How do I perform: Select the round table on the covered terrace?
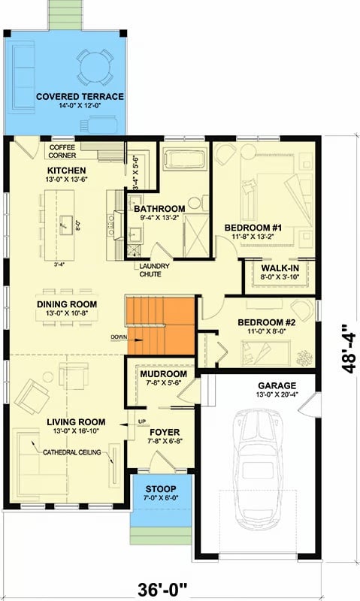pyautogui.click(x=96, y=64)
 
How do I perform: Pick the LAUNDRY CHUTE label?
pyautogui.click(x=153, y=270)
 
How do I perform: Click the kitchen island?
pyautogui.click(x=66, y=224)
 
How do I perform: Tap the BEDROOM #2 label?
pyautogui.click(x=262, y=322)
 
